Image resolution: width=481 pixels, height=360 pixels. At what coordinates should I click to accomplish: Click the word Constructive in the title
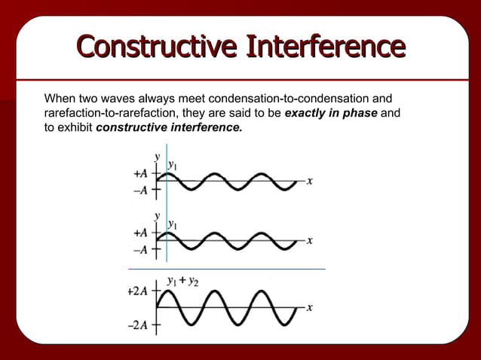155,46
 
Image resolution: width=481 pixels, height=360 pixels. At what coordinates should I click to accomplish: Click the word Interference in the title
323,46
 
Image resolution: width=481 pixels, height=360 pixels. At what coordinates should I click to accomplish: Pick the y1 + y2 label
182,282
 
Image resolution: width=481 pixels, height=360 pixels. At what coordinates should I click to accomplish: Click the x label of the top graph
310,182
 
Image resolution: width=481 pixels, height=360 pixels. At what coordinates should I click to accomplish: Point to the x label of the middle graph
310,240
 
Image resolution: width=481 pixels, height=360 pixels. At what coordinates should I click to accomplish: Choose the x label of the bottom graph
310,308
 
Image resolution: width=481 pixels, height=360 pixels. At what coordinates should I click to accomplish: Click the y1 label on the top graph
173,163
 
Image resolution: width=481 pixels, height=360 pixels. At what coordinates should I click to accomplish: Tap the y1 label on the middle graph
173,224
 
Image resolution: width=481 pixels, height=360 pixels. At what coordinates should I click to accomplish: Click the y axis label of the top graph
158,156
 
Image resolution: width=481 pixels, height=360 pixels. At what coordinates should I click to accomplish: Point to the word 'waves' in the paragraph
131,99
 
